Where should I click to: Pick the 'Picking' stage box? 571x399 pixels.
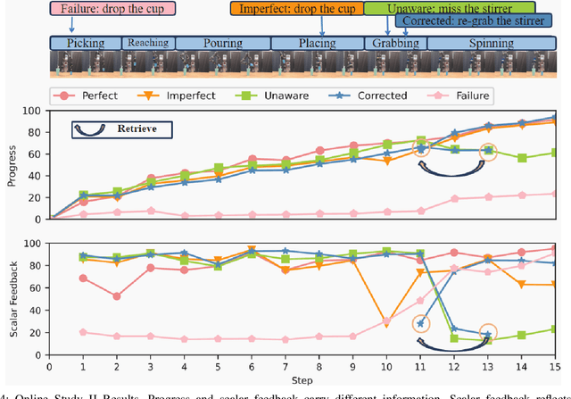point(86,43)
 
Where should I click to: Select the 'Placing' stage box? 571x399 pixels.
point(316,43)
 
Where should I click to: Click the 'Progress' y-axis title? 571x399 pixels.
point(10,164)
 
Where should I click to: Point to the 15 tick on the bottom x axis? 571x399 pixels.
point(556,367)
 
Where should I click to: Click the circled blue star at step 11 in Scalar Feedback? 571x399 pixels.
point(421,323)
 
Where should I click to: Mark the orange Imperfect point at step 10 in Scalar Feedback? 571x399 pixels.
point(387,321)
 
